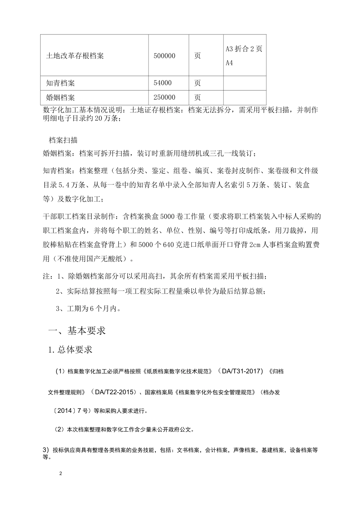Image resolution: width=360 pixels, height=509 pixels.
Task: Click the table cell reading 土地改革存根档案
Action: (75, 56)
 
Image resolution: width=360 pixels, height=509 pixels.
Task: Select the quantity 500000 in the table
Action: (164, 56)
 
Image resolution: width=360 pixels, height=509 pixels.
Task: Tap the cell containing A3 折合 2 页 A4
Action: (244, 56)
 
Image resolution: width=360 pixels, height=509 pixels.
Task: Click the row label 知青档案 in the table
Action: (60, 83)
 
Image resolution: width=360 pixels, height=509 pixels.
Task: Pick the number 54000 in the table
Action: (163, 83)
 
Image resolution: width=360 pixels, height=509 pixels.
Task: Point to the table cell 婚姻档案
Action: (60, 98)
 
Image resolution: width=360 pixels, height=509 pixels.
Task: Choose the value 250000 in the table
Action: (164, 98)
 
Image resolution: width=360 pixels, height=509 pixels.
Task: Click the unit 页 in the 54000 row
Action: (197, 83)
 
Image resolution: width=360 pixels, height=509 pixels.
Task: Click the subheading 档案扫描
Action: (63, 140)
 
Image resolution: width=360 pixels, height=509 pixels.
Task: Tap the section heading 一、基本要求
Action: (77, 331)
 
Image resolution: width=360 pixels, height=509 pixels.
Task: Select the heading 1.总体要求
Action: (70, 350)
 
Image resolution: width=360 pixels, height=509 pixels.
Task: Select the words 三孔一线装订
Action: (234, 154)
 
